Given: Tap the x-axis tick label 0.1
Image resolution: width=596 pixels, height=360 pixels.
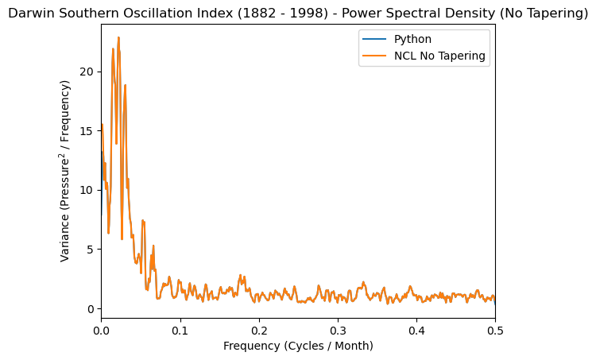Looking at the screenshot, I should (x=180, y=329).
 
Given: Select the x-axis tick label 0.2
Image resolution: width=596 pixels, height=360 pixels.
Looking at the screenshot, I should (x=258, y=329).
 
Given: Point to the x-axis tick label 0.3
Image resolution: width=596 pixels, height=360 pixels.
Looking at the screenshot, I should (x=337, y=329).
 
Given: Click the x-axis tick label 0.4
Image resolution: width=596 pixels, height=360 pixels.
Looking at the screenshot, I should (x=416, y=329).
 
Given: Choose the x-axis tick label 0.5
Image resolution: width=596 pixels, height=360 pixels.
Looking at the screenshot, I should (x=494, y=329).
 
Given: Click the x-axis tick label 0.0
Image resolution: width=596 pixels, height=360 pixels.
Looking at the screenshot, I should (x=101, y=329).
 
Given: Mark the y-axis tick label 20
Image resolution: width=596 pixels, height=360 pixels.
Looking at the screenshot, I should (x=86, y=72).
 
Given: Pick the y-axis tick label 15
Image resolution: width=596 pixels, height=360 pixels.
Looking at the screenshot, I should (x=86, y=130).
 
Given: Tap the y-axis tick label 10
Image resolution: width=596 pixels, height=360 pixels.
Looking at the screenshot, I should (x=86, y=190).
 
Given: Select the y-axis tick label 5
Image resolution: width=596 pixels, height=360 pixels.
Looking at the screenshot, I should (x=89, y=249).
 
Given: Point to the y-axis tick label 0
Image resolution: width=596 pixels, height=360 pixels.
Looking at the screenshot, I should (x=89, y=308).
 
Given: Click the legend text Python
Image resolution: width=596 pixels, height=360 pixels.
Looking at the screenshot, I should (x=412, y=39).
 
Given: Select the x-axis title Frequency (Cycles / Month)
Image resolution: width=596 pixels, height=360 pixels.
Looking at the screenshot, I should (x=298, y=346).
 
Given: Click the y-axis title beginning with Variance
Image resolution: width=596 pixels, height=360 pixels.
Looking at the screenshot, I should (x=66, y=170).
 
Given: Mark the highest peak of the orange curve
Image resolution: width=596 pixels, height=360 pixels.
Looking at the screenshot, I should (x=118, y=37).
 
